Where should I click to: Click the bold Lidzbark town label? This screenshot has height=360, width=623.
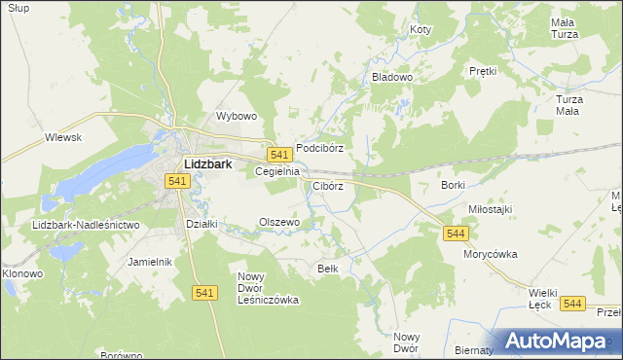pyautogui.click(x=207, y=164)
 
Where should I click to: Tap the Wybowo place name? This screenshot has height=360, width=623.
pyautogui.click(x=236, y=116)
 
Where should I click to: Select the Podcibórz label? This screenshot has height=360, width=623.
pyautogui.click(x=319, y=148)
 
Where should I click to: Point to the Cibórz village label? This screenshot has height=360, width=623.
pyautogui.click(x=327, y=186)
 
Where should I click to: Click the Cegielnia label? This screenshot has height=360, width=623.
pyautogui.click(x=275, y=171)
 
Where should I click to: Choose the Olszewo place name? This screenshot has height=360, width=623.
pyautogui.click(x=278, y=222)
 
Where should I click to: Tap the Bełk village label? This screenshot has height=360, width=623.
pyautogui.click(x=327, y=268)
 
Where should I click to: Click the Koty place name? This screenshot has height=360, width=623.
pyautogui.click(x=421, y=30)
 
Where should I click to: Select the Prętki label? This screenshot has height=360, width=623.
pyautogui.click(x=483, y=71)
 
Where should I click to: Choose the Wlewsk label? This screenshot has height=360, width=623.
pyautogui.click(x=63, y=138)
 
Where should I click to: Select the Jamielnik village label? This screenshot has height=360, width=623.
pyautogui.click(x=150, y=262)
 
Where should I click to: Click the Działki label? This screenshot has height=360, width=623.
pyautogui.click(x=201, y=224)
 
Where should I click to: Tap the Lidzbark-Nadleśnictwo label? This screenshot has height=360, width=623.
pyautogui.click(x=86, y=225)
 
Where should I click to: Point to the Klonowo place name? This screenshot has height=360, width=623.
pyautogui.click(x=22, y=273)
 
